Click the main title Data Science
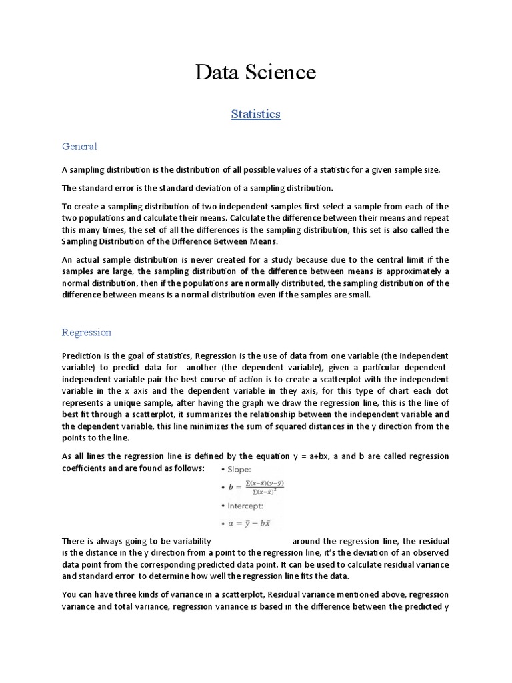(x=255, y=72)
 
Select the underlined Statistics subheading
(x=255, y=114)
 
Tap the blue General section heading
(x=79, y=146)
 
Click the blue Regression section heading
(x=87, y=332)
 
